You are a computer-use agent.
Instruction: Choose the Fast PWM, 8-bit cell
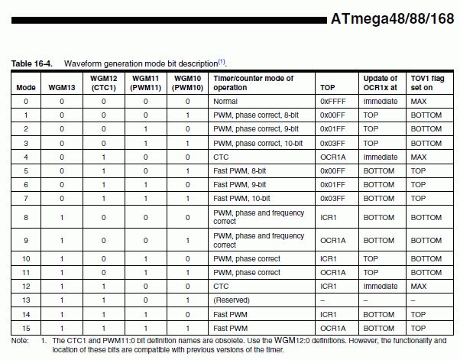pos(241,170)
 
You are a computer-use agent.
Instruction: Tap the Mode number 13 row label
pos(26,300)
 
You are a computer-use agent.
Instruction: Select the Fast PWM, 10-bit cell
pos(244,197)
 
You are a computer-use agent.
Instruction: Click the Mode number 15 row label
pos(26,327)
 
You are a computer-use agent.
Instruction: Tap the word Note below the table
pos(20,339)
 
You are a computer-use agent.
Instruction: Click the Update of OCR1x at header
pos(380,83)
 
